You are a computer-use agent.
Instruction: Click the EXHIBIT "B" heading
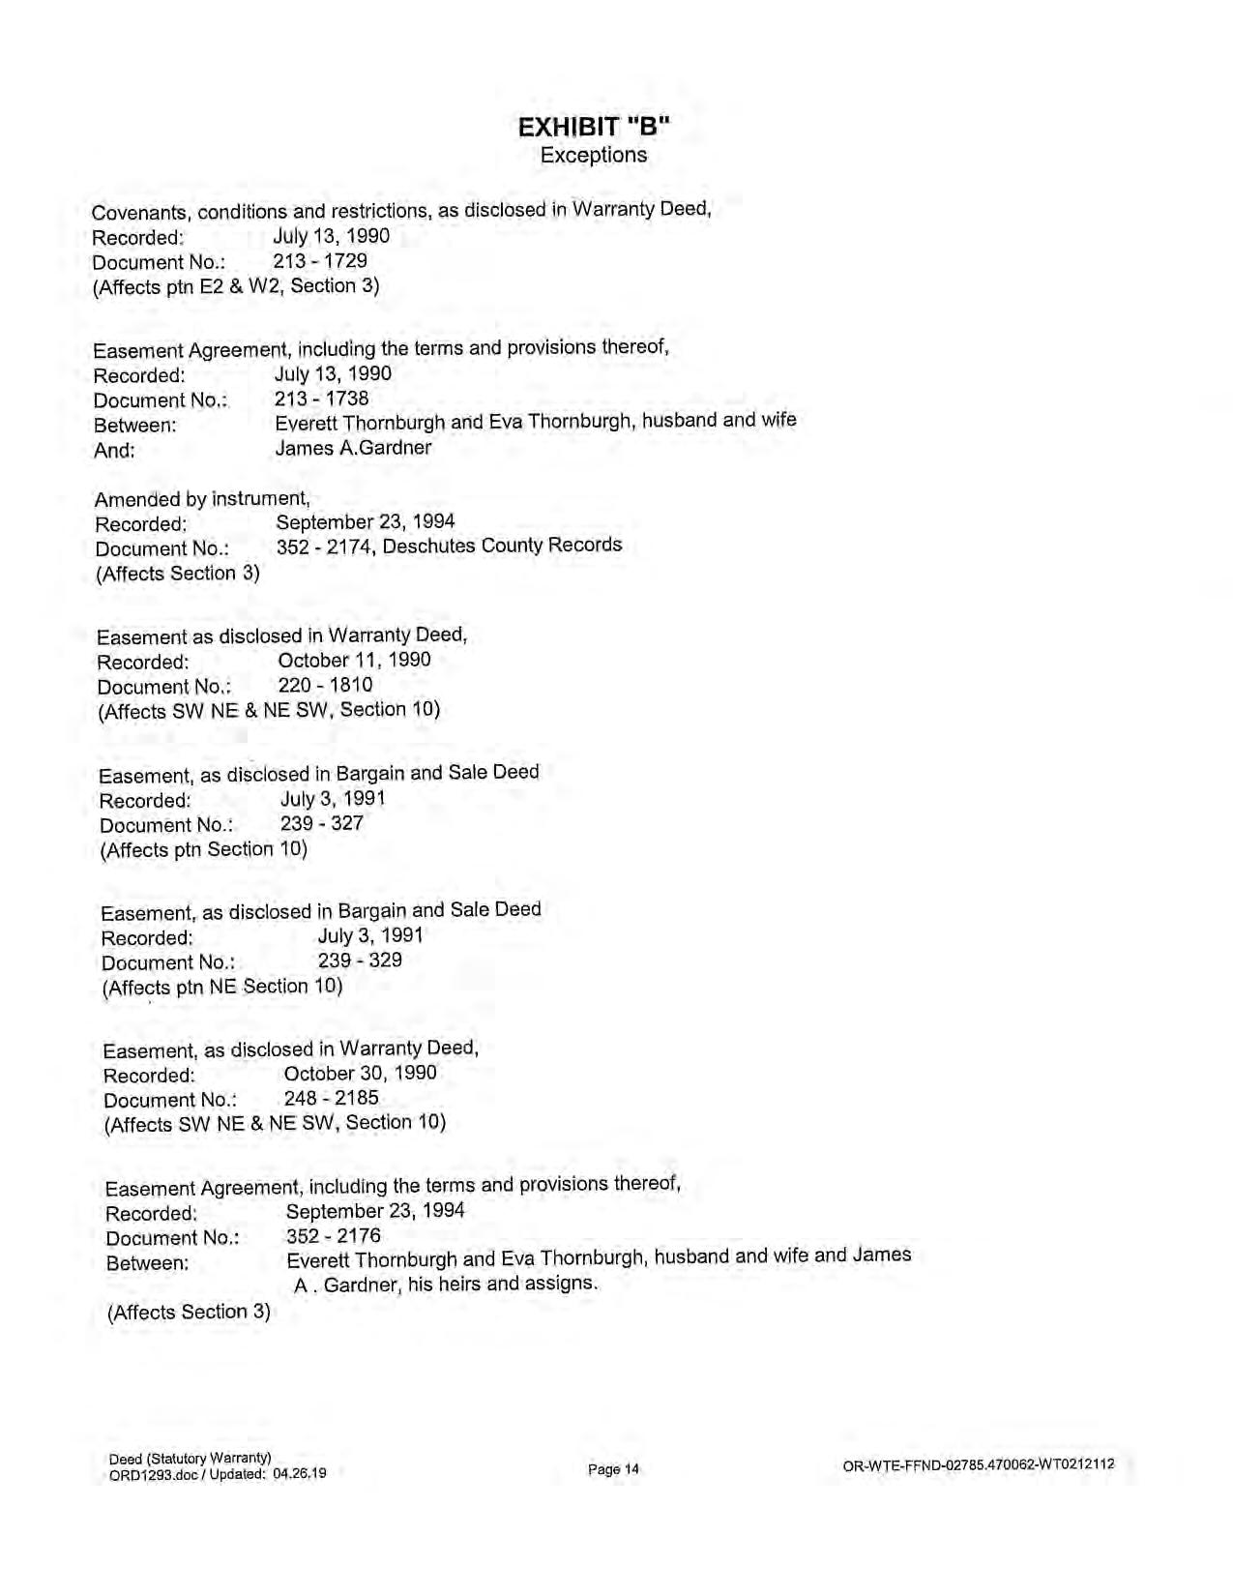594,127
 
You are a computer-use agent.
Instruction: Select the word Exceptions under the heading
594,155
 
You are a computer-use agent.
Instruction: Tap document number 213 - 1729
320,261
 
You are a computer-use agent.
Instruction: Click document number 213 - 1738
321,399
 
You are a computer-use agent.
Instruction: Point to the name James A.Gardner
353,448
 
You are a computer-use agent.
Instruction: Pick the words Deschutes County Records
502,546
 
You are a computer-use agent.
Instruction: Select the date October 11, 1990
354,661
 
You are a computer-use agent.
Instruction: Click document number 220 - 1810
325,686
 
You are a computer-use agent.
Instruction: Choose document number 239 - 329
360,961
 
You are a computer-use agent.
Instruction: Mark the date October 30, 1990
360,1073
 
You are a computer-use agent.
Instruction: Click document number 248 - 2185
331,1098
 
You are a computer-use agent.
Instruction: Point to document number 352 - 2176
334,1236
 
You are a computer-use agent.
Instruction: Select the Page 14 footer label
613,1469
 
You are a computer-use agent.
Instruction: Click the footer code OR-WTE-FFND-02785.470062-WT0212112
979,1464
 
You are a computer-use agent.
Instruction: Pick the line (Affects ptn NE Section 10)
222,988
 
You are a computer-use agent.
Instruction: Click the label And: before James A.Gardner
115,451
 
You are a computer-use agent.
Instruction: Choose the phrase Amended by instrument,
202,499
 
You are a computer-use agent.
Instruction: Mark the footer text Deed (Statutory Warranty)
190,1459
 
